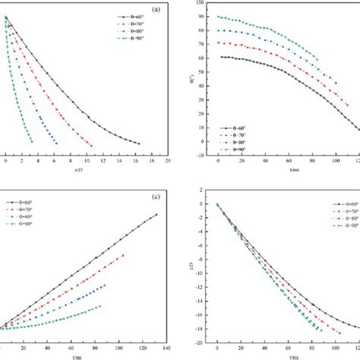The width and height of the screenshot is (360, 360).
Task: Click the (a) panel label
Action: pyautogui.click(x=155, y=10)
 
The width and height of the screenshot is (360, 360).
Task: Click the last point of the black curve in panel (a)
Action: pyautogui.click(x=138, y=143)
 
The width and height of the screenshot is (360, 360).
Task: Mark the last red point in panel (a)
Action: pyautogui.click(x=91, y=146)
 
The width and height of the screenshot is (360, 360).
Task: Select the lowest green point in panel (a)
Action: pyautogui.click(x=32, y=141)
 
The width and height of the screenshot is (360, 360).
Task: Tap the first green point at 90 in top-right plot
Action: pyautogui.click(x=219, y=17)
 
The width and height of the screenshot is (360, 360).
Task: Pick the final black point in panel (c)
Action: pyautogui.click(x=157, y=215)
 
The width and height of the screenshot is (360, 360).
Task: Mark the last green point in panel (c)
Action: pyautogui.click(x=99, y=306)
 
